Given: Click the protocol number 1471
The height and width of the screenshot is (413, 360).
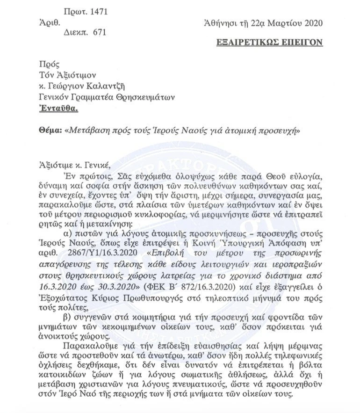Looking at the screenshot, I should click(x=99, y=12).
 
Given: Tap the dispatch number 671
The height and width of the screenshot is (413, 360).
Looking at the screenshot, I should click(x=99, y=32).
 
